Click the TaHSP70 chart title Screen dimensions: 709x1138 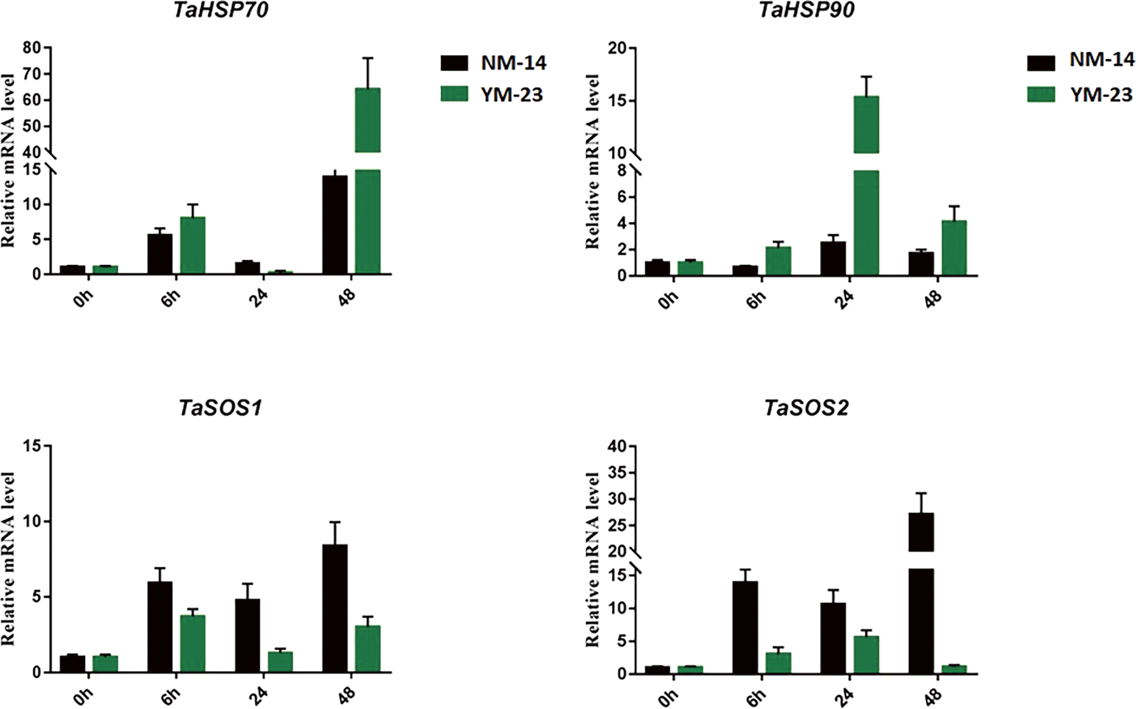220,10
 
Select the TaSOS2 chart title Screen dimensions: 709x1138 806,408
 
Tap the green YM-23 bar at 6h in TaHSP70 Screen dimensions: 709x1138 192,246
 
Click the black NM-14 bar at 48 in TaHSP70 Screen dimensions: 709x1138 334,225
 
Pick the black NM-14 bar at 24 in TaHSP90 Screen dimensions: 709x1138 833,259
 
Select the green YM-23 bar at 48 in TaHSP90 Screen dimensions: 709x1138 954,248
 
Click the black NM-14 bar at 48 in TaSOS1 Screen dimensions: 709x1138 334,608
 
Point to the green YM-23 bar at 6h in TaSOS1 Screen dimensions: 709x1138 192,643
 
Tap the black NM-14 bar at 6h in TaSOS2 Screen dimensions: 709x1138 745,627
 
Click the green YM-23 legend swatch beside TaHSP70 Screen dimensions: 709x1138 455,94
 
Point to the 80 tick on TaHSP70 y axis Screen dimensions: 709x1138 31,48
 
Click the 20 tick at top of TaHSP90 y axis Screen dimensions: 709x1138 618,48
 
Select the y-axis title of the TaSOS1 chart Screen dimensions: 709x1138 8,559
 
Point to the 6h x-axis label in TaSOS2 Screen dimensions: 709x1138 755,697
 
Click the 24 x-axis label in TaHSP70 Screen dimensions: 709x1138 258,298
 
